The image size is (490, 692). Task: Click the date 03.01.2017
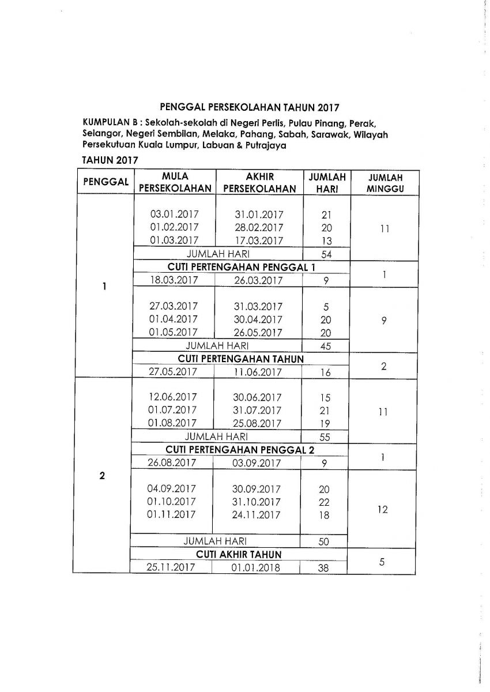pos(174,214)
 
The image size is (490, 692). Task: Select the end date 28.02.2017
pos(259,227)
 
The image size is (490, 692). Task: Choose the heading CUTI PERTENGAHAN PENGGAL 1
pos(241,267)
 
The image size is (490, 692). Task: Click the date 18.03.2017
pos(174,280)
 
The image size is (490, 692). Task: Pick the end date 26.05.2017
pos(258,332)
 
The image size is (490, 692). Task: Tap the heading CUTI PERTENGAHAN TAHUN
pos(241,359)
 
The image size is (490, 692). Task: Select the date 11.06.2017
pos(258,372)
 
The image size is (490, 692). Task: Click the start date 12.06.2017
pos(173,397)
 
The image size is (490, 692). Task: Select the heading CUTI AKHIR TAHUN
pos(239,554)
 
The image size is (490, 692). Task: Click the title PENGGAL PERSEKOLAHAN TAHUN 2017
pos(250,107)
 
